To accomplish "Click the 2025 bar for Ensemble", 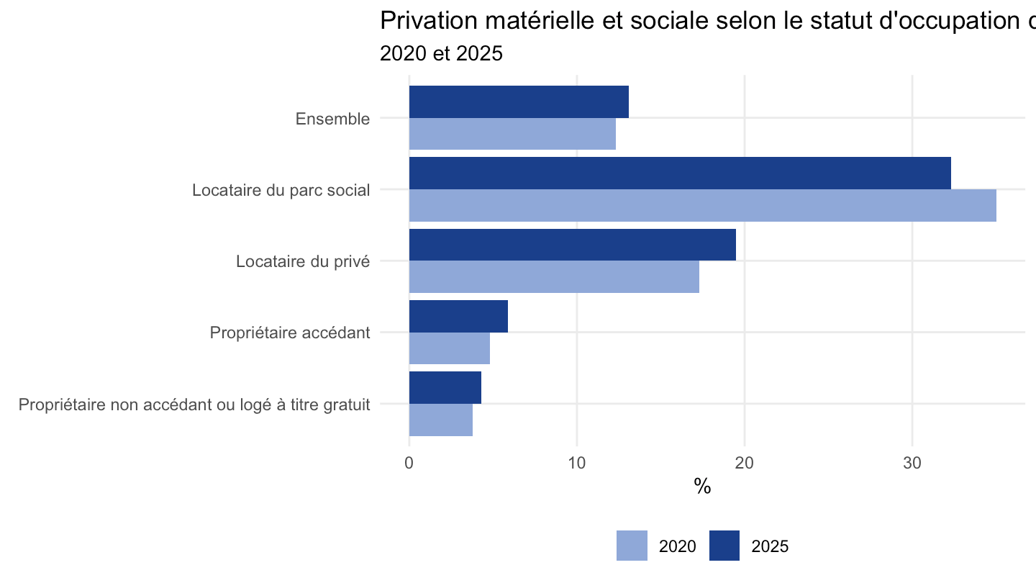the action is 519,101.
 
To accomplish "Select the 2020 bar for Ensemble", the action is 512,134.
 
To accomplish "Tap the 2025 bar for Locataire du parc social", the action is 680,173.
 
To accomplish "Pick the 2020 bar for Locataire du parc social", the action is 702,205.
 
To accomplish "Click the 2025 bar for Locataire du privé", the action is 573,245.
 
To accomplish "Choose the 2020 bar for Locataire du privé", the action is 554,276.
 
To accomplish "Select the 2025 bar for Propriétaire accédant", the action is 458,316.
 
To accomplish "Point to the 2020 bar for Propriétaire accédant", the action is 450,348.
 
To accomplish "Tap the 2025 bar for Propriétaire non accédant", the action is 445,388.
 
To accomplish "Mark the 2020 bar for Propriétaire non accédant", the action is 441,420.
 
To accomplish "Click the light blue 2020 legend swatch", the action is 632,546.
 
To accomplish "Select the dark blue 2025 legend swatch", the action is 724,546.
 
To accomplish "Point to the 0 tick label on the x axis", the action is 409,463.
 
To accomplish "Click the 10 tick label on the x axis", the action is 577,463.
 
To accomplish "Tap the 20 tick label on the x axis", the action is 745,463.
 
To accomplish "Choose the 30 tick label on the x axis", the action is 912,463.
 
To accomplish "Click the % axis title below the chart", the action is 702,487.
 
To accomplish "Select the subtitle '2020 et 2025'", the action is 441,53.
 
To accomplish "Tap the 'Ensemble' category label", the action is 332,119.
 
